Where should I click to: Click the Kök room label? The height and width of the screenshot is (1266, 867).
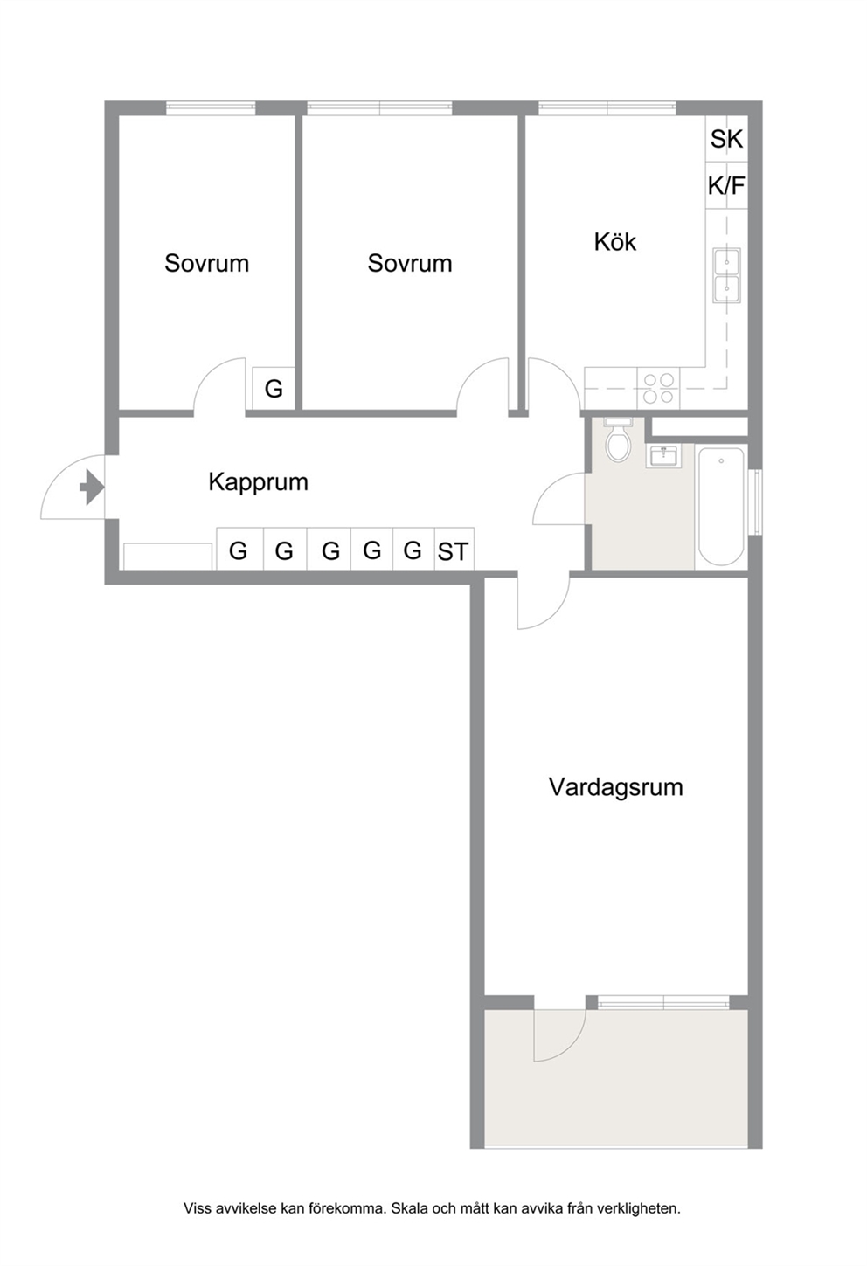coord(615,242)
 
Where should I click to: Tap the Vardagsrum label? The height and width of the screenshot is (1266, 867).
coord(615,786)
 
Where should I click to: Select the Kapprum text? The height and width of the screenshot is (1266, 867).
coord(259,482)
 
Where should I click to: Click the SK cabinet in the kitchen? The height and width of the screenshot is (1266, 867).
coord(726,138)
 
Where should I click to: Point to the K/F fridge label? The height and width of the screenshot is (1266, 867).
coord(726,185)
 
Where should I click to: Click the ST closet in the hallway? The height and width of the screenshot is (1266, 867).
coord(454,550)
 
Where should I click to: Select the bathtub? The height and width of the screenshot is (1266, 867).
coord(721,507)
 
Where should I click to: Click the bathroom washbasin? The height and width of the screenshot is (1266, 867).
coord(662,456)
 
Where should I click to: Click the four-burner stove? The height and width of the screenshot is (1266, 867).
coord(658,388)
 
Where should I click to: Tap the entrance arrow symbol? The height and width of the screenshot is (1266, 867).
coord(92,487)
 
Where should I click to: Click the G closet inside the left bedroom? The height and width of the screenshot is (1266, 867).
coord(274,388)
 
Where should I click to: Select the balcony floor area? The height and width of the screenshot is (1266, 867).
coord(616,1078)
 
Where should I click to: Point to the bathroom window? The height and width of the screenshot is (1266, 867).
coord(755,501)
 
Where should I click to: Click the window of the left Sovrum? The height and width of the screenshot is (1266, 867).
coord(211,108)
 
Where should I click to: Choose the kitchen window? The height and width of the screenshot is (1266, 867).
coord(607,108)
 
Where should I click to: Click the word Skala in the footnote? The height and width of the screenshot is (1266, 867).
coord(409,1208)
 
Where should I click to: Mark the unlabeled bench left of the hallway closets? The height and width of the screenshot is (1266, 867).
coord(168,557)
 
